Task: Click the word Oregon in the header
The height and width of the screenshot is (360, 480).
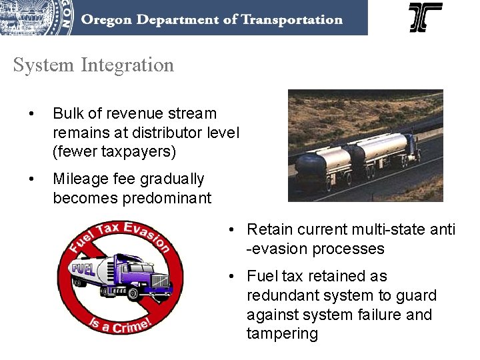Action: click(103, 19)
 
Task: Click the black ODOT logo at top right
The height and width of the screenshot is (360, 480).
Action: click(425, 17)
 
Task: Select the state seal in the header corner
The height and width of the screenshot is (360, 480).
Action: click(37, 17)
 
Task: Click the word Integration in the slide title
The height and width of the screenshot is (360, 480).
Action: click(127, 65)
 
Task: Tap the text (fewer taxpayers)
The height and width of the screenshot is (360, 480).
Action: click(114, 152)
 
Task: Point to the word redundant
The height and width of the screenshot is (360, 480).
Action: click(283, 295)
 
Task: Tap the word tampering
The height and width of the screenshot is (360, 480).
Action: click(283, 334)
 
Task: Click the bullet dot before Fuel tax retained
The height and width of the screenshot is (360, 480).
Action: click(230, 277)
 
